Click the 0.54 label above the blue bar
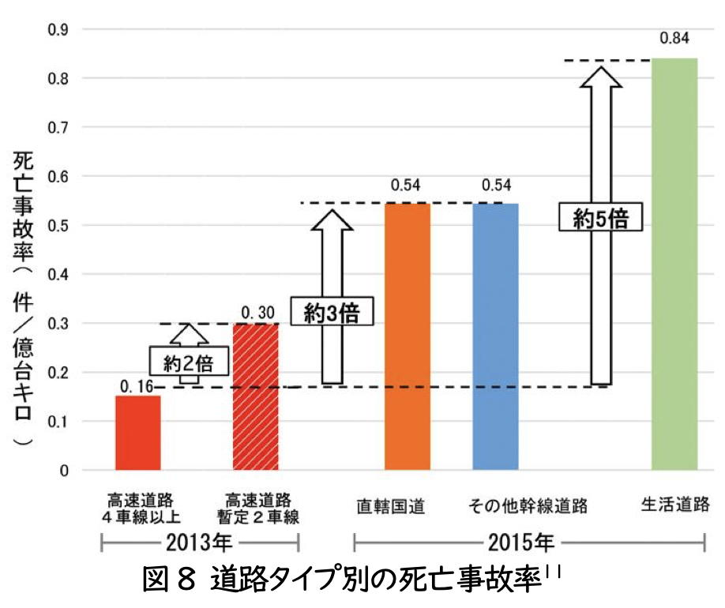tap(496, 186)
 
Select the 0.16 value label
tap(137, 385)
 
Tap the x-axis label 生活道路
tap(674, 505)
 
